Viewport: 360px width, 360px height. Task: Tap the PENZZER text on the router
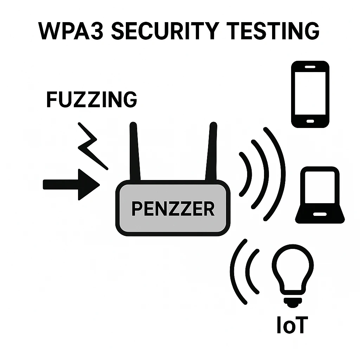(173, 209)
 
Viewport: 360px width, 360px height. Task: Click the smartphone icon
(310, 94)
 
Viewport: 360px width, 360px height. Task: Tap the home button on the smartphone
(310, 121)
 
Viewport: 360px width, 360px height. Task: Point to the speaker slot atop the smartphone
(310, 66)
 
